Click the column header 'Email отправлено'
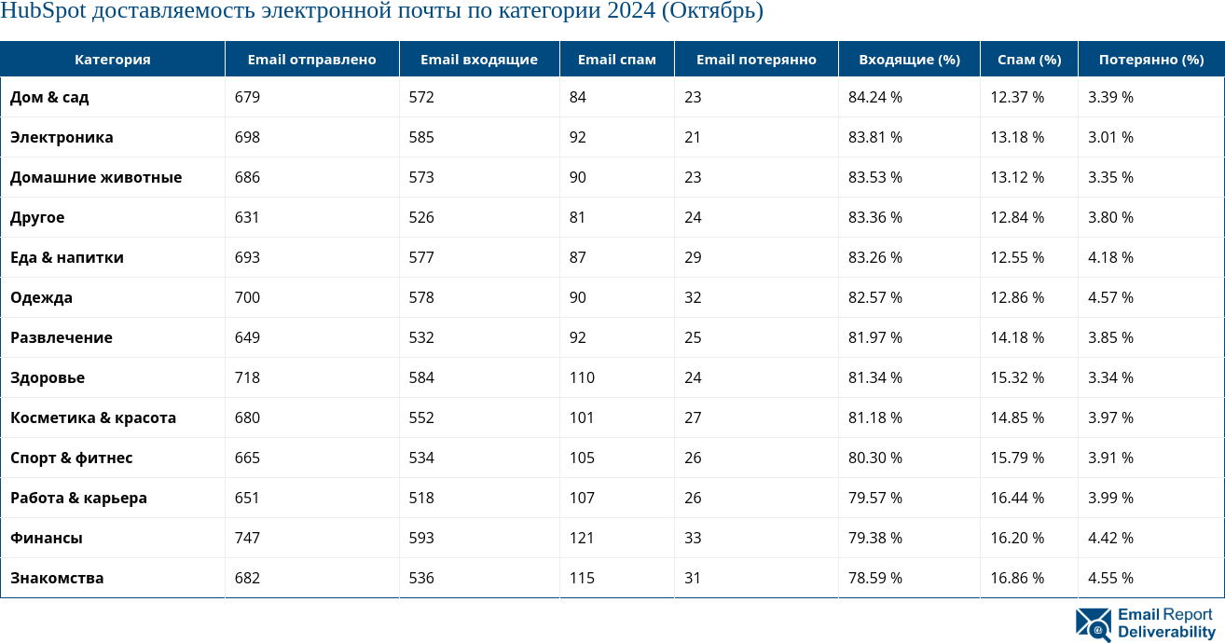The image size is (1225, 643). point(311,60)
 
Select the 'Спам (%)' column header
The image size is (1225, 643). point(1029,60)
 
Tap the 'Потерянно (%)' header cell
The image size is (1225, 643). point(1151,60)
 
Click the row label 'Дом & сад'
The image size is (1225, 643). point(49,97)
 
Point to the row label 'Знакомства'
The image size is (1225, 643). point(57,578)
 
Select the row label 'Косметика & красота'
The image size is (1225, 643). point(93,417)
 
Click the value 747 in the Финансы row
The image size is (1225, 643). point(247,538)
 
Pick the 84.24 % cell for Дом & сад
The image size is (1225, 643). point(874,97)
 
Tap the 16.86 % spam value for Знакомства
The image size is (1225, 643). point(1017,578)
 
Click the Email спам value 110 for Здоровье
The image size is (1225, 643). point(582,377)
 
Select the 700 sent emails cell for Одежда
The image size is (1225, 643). point(247,297)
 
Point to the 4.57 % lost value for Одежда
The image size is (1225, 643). point(1110,297)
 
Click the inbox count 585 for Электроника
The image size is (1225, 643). point(421,137)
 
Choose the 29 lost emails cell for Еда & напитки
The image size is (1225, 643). point(693,257)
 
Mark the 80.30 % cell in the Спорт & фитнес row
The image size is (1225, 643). point(874,458)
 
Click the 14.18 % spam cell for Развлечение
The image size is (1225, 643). point(1017,337)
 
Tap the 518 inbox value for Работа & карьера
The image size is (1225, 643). point(421,498)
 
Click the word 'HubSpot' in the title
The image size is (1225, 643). point(43,12)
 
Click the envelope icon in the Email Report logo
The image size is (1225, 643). point(1094,624)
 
